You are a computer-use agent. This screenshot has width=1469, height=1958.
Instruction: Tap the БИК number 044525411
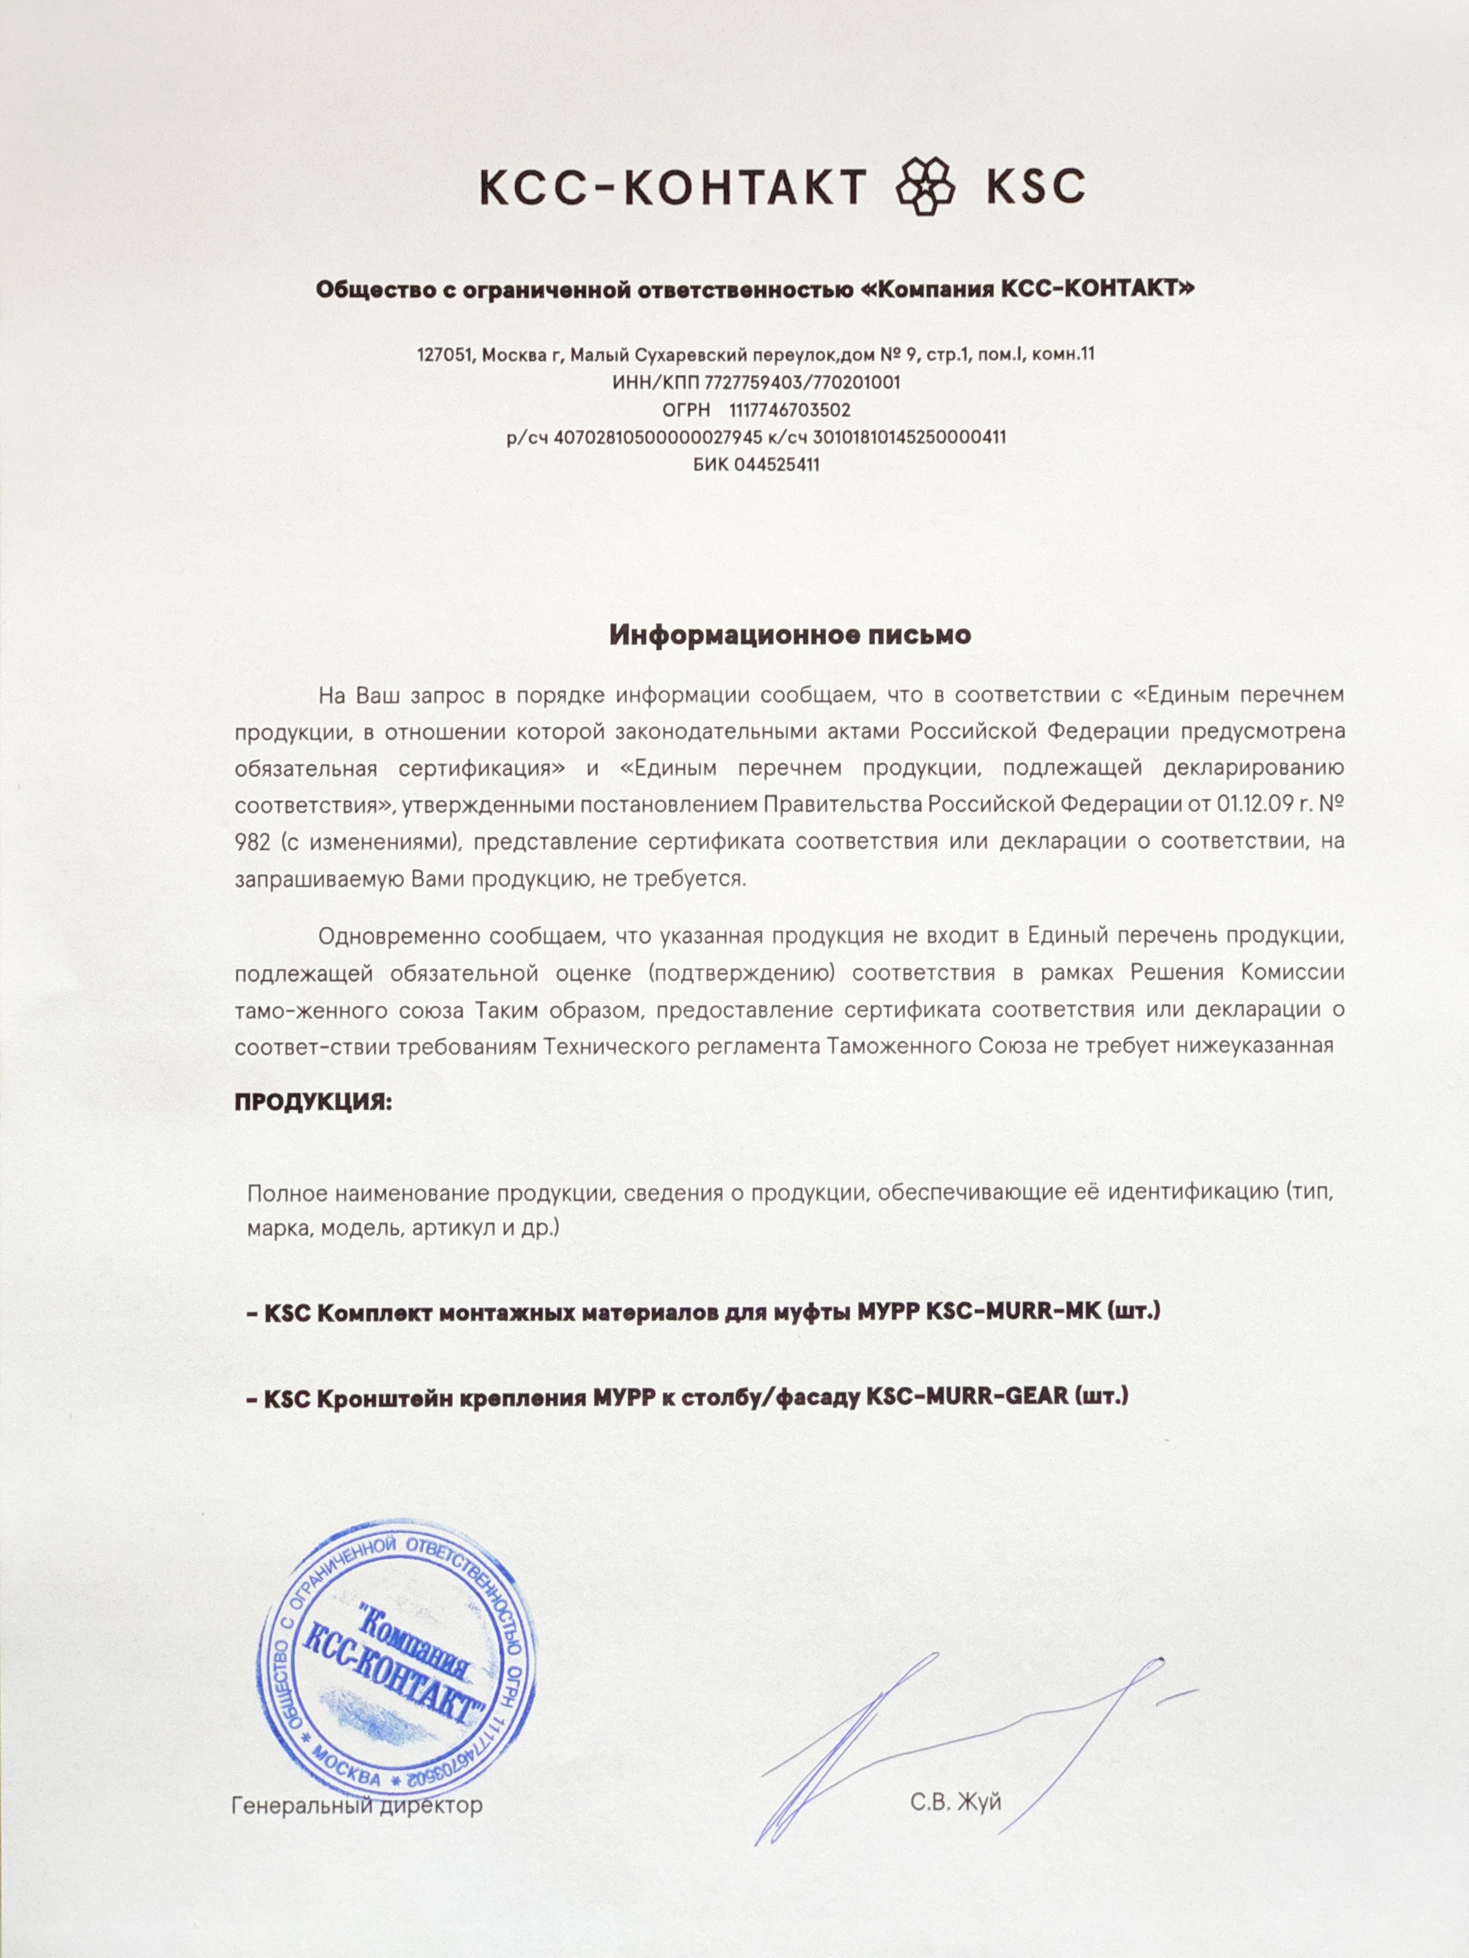coord(776,464)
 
